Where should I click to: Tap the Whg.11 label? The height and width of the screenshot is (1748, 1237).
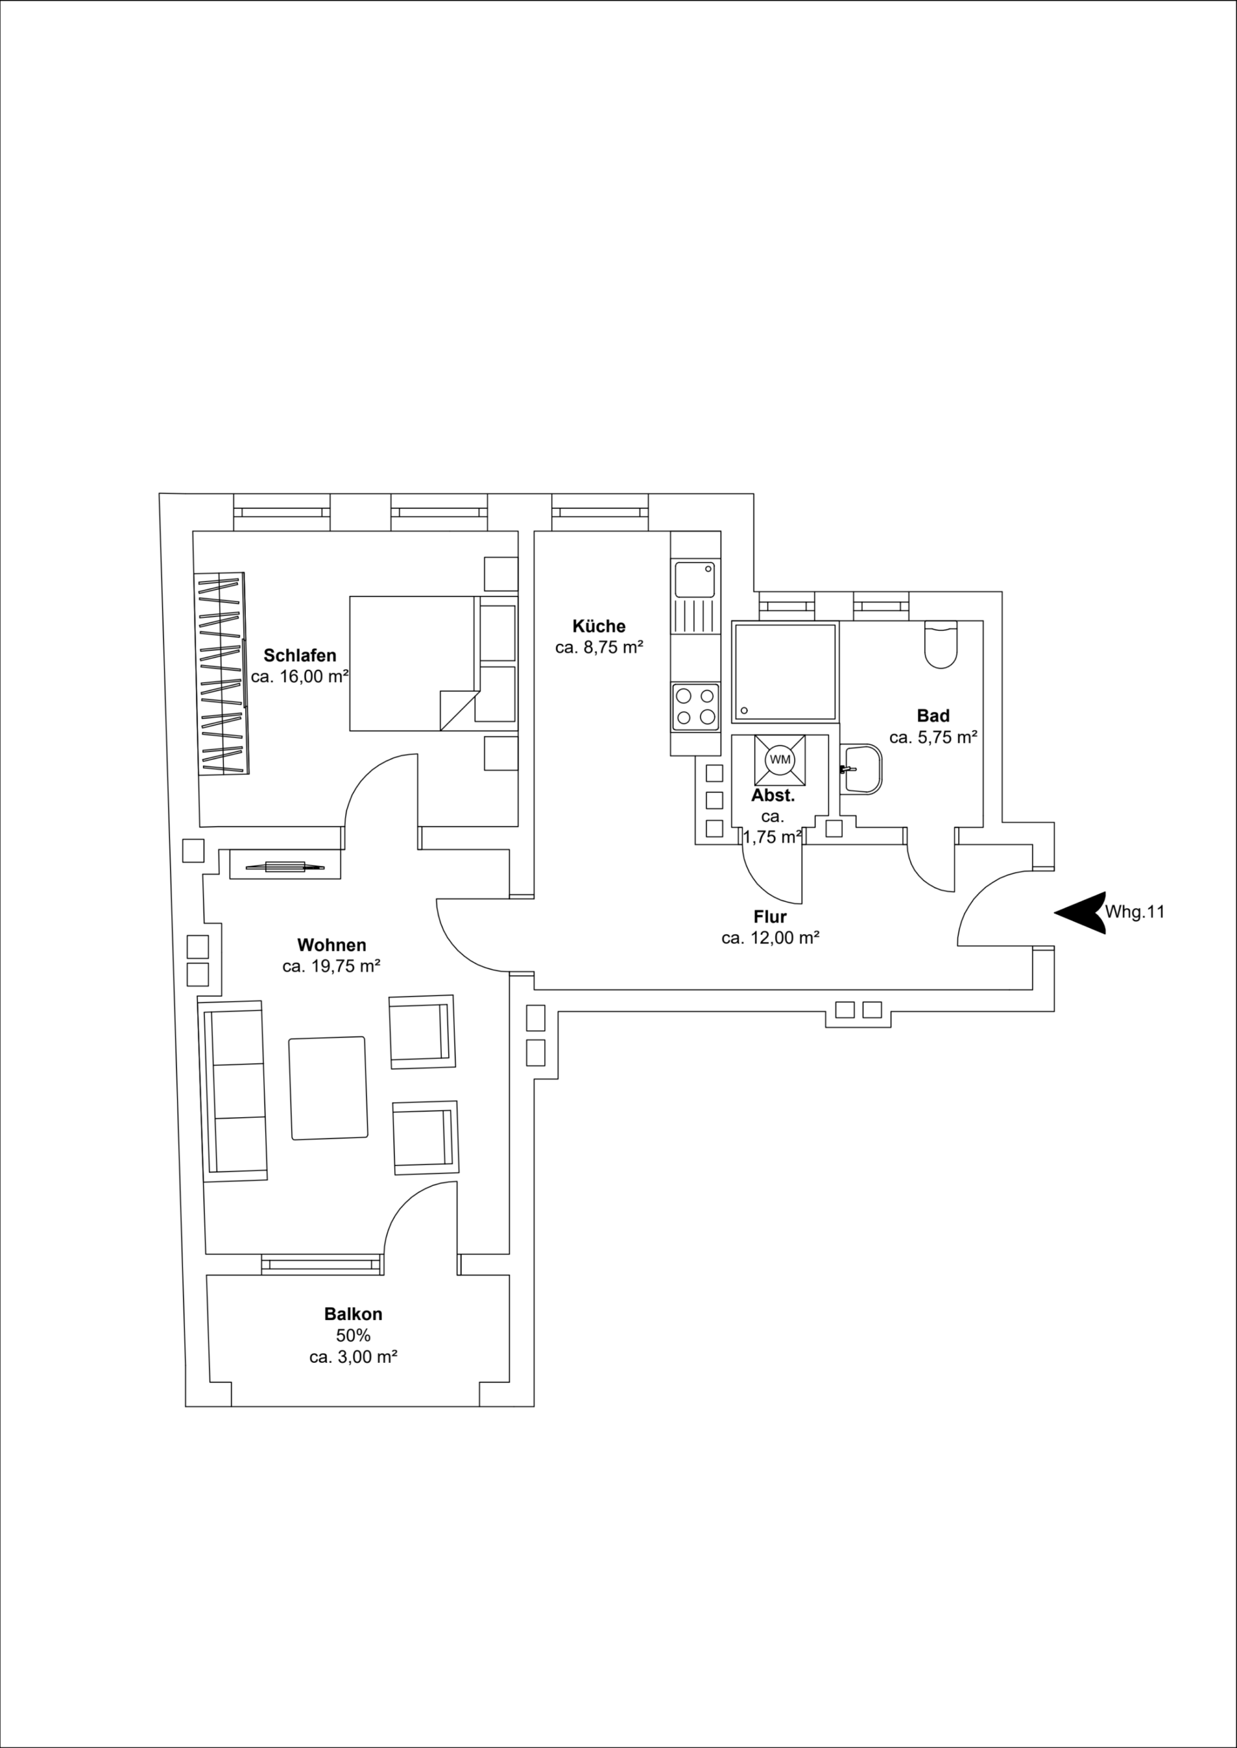[1135, 912]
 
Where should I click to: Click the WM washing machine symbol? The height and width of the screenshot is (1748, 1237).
[779, 760]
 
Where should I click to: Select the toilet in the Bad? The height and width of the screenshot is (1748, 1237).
[940, 646]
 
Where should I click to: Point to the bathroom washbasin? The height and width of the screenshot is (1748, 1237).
[861, 769]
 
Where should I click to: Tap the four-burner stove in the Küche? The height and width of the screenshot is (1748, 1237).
[695, 707]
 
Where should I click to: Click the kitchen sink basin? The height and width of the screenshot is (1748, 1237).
[695, 580]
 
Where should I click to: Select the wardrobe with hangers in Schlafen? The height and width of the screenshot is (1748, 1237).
[223, 675]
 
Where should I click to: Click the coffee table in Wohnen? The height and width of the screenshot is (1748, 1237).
[329, 1088]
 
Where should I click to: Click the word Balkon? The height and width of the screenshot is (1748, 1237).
[352, 1314]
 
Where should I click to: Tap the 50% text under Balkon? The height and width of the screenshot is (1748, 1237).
[352, 1336]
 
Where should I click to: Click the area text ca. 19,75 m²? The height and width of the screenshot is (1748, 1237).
[331, 966]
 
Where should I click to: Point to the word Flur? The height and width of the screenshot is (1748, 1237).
[769, 916]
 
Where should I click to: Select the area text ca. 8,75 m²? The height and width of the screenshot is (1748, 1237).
[599, 648]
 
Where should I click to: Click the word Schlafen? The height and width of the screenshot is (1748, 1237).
[299, 655]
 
